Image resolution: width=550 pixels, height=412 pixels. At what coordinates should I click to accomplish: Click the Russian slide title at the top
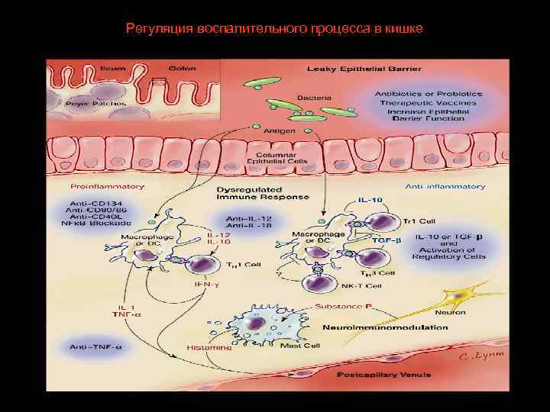pyautogui.click(x=274, y=29)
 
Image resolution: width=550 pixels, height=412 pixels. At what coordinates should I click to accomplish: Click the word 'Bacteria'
pyautogui.click(x=314, y=98)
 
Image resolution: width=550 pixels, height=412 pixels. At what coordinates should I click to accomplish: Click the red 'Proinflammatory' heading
pyautogui.click(x=96, y=186)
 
